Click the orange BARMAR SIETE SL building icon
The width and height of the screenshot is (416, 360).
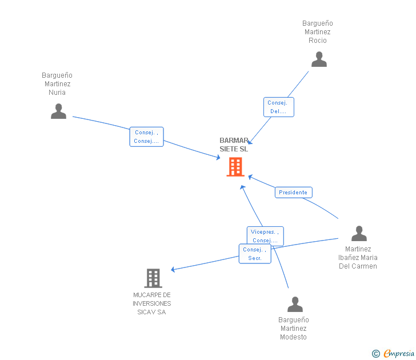coord(235,167)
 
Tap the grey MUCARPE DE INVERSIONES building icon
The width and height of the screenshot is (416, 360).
coord(153,278)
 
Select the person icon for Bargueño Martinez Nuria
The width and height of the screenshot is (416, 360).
coord(58,111)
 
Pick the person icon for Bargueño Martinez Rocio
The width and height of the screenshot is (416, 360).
coord(319,59)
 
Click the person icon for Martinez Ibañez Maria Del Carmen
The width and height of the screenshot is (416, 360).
coord(359,234)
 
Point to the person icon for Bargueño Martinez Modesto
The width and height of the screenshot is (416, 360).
coord(295,305)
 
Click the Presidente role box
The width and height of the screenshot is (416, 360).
coord(293,193)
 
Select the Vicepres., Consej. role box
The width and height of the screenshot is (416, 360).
coord(265,236)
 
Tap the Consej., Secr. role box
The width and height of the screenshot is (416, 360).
coord(255,254)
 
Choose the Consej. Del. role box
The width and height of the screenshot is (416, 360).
coord(279,107)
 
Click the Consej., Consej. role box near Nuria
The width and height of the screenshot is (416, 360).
coord(146,137)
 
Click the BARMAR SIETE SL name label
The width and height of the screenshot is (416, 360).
coord(234,145)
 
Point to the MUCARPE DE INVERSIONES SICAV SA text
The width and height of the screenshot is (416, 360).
coord(152,303)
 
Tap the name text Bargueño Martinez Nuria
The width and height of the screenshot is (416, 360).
coord(57,84)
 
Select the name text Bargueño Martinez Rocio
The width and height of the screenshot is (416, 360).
coord(318,32)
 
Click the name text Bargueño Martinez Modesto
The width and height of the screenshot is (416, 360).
coord(294,329)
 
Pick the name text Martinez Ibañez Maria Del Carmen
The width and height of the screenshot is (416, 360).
coord(358,258)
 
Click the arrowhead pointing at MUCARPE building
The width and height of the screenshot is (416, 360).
coord(173,269)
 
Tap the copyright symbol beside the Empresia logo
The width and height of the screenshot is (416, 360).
coord(376,354)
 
